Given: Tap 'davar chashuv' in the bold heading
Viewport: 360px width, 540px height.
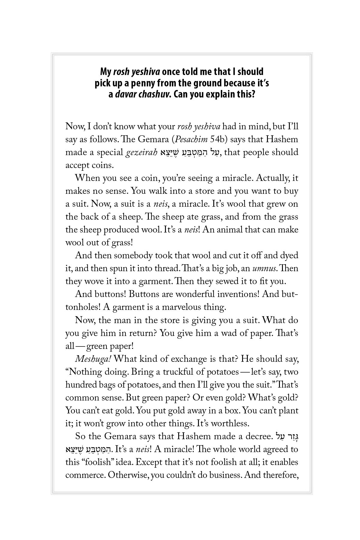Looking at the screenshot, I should [x=143, y=95].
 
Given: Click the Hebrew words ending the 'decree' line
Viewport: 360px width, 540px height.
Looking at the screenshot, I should [x=286, y=436].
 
